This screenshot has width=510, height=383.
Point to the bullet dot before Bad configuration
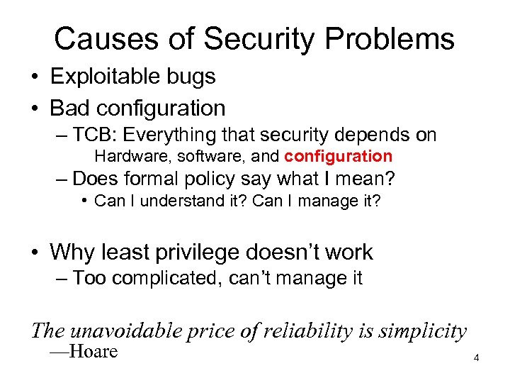[x=35, y=109]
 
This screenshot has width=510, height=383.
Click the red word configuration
[x=338, y=155]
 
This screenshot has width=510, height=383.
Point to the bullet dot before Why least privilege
[x=35, y=252]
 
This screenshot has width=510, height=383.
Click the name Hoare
[x=93, y=352]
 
